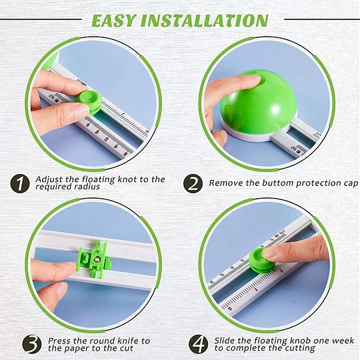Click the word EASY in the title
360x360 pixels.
pos(113,21)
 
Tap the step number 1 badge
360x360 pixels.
pos(20,184)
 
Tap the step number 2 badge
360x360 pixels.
pos(193,183)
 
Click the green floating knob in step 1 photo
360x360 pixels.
pos(89,101)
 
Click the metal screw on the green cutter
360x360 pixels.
pos(97,259)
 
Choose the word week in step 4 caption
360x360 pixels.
pos(343,341)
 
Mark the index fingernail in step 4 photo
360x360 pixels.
pos(268,253)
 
